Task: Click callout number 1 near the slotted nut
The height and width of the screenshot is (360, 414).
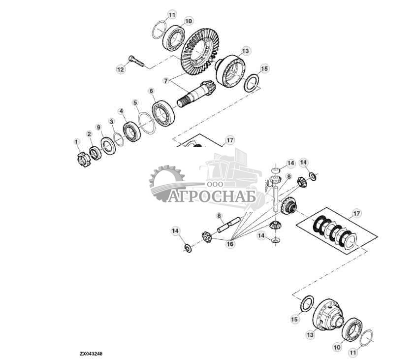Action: coord(76,142)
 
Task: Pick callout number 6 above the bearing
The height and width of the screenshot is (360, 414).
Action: coord(151,91)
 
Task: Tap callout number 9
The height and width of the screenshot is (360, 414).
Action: coord(98,128)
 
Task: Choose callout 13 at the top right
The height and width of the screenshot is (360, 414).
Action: coord(246,51)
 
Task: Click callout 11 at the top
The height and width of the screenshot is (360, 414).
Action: coord(171,15)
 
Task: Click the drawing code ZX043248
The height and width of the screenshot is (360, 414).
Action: coord(92,354)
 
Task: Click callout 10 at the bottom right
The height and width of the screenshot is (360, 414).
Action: coord(337,347)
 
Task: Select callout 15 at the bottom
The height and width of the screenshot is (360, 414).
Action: coord(294,320)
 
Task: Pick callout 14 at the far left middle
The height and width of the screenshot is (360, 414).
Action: coord(175,230)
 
